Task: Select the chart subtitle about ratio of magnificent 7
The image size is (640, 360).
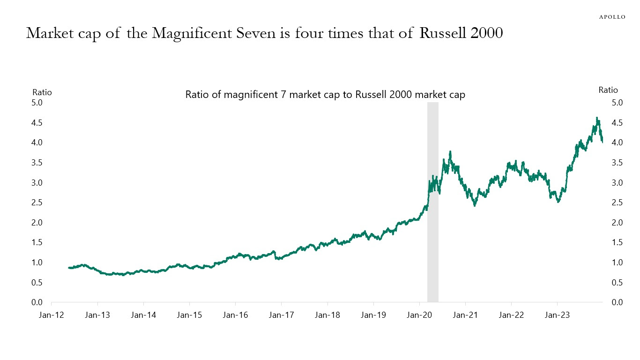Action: tap(325, 95)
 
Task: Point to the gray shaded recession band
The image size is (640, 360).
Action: tap(432, 202)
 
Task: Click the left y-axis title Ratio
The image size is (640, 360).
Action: tap(42, 92)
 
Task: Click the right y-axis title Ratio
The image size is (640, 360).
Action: tap(608, 90)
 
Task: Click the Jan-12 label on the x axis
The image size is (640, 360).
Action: tap(51, 315)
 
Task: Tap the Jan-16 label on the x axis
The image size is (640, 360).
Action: tap(235, 315)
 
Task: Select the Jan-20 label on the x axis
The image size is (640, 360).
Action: tap(419, 315)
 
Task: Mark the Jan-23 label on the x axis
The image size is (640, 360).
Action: tap(557, 315)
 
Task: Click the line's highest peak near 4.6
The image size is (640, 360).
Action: tap(597, 118)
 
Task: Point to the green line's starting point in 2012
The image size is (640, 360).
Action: tap(69, 268)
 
